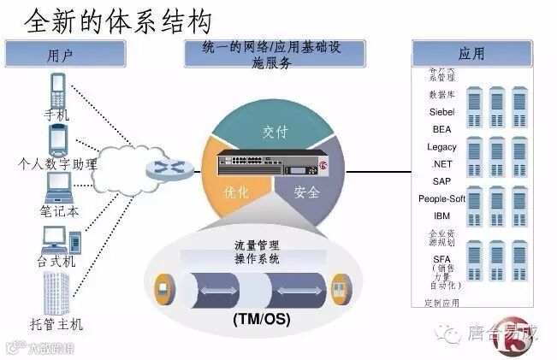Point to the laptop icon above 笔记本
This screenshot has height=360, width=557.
coord(58,185)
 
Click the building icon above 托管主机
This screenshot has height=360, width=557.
coord(57,291)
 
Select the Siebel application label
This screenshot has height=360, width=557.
coord(441,111)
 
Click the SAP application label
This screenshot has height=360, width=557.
coord(441,180)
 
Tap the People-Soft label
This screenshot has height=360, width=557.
coord(441,198)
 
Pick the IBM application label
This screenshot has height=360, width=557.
coord(441,215)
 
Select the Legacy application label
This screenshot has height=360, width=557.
coord(441,146)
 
